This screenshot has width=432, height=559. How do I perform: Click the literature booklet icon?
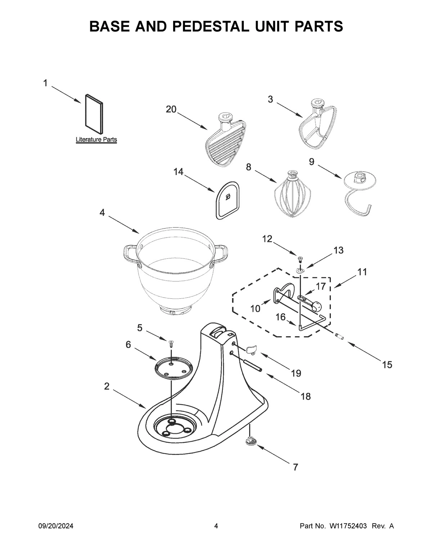pos(94,112)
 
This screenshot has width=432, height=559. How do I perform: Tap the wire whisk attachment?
pos(292,197)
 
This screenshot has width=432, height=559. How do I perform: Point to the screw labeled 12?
pos(300,258)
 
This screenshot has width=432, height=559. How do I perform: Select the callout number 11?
pos(362,272)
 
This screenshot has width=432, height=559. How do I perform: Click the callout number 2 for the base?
pos(107,386)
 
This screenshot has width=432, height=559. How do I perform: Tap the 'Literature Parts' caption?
pos(96,140)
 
